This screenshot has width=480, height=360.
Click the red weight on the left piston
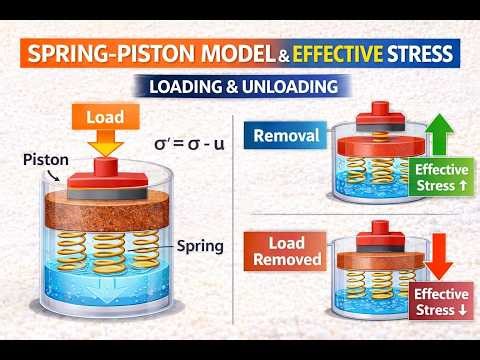(x=116, y=169)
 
